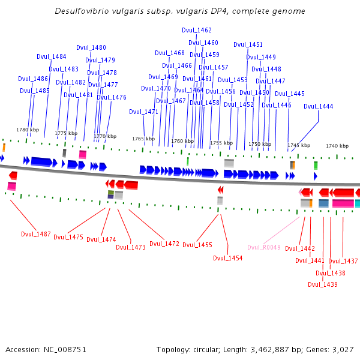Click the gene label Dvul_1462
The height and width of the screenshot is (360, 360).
197,30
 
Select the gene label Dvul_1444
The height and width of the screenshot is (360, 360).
318,106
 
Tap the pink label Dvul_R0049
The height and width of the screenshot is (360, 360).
264,247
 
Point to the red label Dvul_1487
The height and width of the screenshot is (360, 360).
36,234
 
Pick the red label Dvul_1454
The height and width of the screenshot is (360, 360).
228,258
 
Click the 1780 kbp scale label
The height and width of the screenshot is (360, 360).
28,130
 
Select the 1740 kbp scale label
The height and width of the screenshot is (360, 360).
337,146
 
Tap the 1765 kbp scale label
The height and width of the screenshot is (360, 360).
143,139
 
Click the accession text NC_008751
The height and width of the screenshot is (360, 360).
65,350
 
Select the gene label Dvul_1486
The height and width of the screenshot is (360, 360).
33,79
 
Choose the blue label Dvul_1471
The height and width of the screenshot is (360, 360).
144,112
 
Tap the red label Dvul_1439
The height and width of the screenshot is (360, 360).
323,284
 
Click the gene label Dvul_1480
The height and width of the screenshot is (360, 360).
91,47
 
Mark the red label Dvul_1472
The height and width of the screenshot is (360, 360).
164,244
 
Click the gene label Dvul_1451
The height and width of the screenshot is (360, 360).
248,44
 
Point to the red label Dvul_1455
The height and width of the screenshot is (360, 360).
197,245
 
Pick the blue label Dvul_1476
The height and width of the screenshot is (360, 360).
112,97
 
